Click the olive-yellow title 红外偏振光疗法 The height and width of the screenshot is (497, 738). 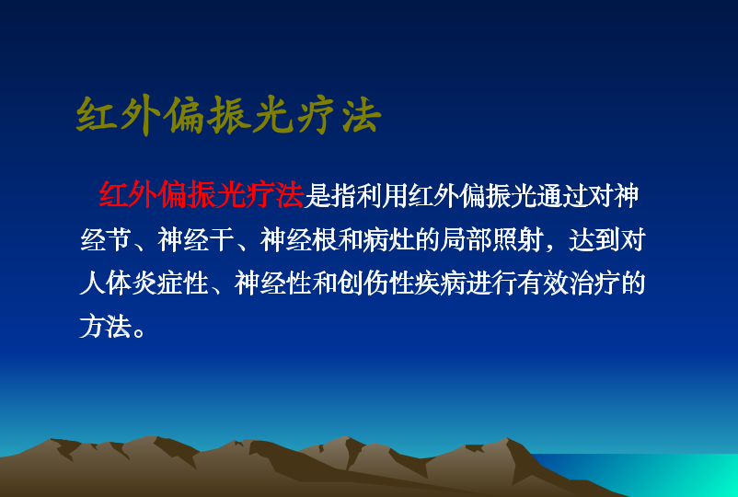tap(228, 115)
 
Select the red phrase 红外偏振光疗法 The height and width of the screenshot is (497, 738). tap(202, 195)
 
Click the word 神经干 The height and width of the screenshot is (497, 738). tap(196, 239)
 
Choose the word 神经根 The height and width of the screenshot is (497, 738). tap(298, 239)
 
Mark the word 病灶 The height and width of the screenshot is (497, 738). tap(388, 239)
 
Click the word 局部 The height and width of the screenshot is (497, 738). tap(466, 239)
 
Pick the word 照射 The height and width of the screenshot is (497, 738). tap(517, 239)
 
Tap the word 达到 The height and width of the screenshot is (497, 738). tap(594, 239)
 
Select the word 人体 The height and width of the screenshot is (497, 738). tap(106, 283)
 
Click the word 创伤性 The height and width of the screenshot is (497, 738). tap(375, 283)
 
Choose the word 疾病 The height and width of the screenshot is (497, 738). tap(440, 283)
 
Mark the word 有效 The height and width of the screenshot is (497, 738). tap(543, 283)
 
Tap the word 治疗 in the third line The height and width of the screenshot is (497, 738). tap(594, 283)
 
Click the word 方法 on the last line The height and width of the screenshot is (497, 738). tap(106, 326)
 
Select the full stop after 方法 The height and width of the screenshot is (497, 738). tap(139, 332)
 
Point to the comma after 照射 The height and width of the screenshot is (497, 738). tap(549, 247)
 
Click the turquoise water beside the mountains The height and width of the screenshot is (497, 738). tap(659, 474)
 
